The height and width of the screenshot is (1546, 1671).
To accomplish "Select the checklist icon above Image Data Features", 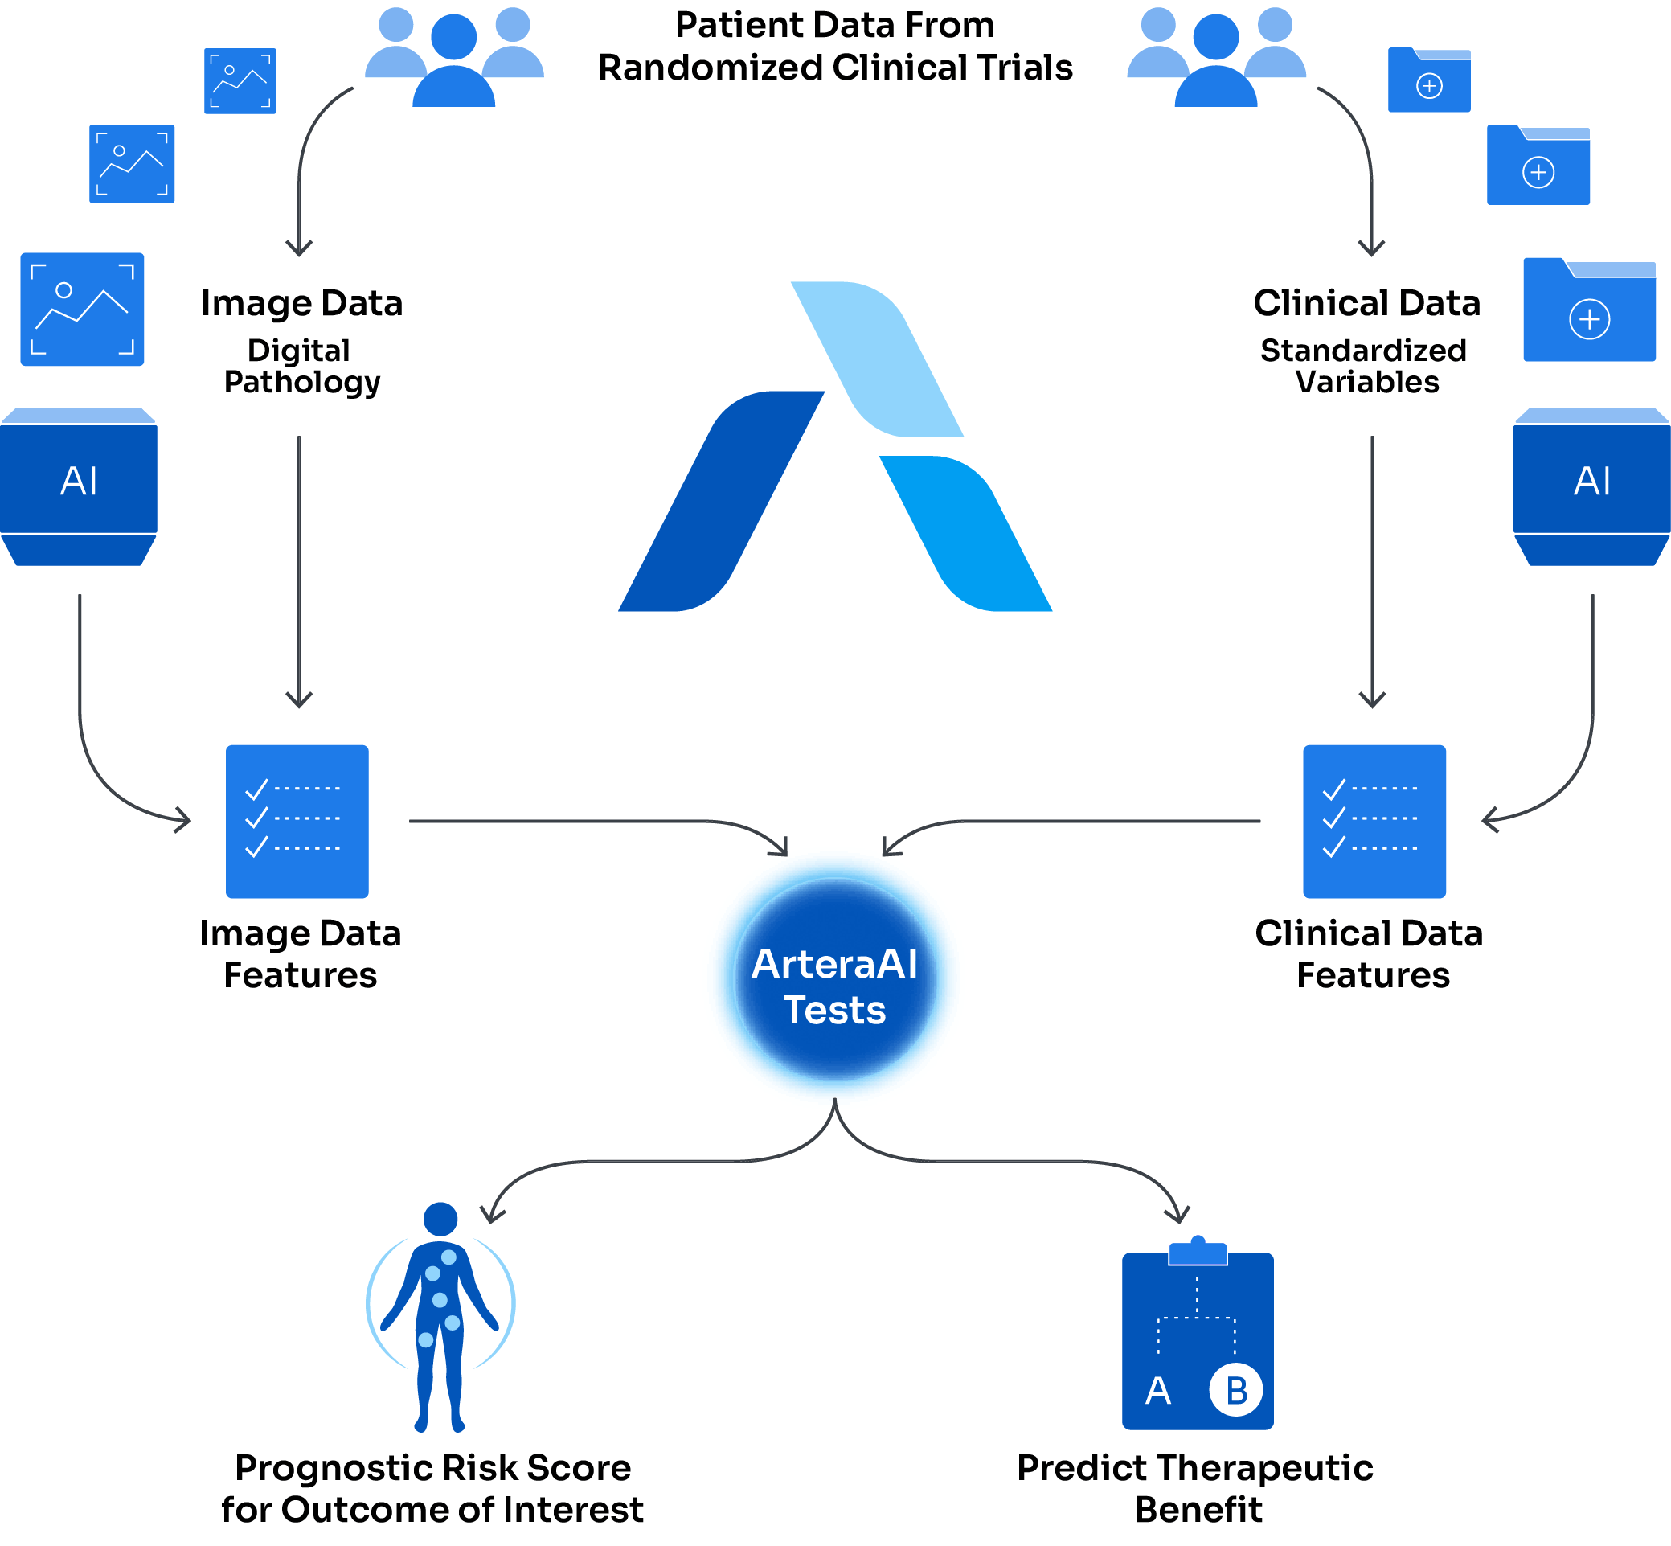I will click(297, 821).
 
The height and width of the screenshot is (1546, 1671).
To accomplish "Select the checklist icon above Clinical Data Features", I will click(1374, 821).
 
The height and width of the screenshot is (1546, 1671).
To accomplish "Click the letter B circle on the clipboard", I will click(1235, 1390).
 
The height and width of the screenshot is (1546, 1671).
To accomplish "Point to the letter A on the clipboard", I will click(1158, 1391).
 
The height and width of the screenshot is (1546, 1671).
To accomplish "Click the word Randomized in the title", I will click(710, 68).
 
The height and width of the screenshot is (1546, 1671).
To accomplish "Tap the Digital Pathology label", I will click(301, 366).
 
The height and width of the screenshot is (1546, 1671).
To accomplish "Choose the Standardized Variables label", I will click(1364, 366).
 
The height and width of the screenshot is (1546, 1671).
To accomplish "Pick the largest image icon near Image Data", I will click(82, 310).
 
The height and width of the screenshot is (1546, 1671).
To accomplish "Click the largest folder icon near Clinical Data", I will click(1589, 311).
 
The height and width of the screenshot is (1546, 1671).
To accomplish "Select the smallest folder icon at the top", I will click(1428, 80).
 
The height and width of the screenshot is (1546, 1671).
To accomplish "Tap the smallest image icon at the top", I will click(240, 81).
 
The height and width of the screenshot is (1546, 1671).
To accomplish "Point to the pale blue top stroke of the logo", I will click(879, 359).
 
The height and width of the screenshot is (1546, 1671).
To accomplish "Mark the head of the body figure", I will click(440, 1219).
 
